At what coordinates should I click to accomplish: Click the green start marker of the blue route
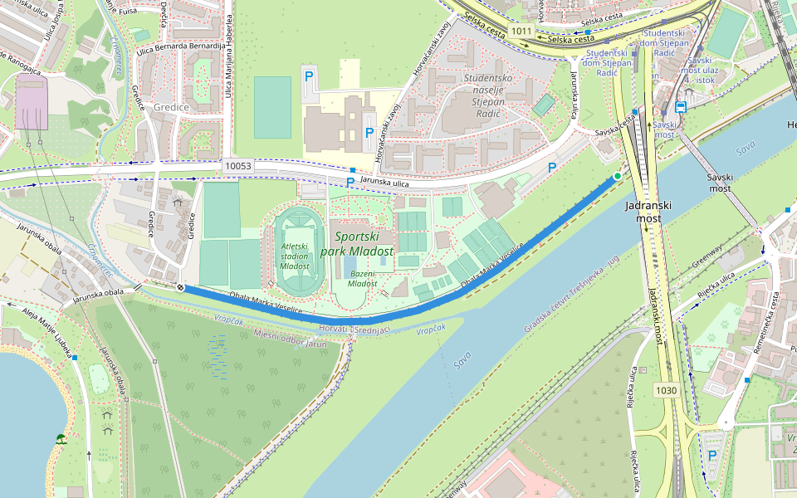[617, 176]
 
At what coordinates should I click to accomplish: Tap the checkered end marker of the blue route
[180, 287]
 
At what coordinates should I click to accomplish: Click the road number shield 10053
[237, 166]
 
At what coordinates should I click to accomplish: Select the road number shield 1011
[521, 31]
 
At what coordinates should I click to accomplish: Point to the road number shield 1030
[666, 389]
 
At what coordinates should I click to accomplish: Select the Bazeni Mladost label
[362, 278]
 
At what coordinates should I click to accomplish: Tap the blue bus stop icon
[681, 106]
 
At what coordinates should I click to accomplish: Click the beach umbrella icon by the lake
[61, 438]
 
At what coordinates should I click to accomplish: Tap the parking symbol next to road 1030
[711, 455]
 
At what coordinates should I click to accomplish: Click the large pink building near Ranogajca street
[32, 100]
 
